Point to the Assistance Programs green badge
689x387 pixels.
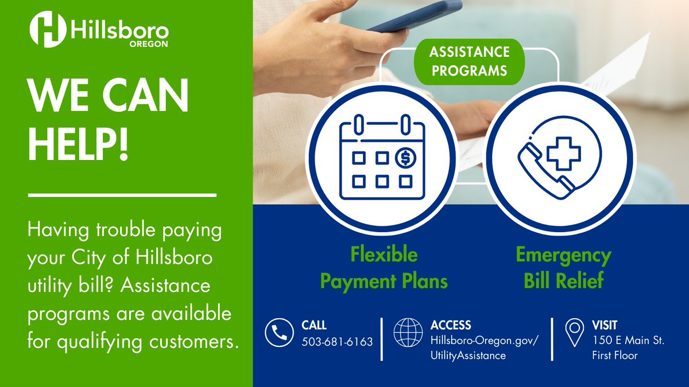(x=469, y=61)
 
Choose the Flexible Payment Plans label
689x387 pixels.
(x=384, y=268)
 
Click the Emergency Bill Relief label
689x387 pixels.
(x=563, y=268)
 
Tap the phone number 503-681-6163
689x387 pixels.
(x=337, y=342)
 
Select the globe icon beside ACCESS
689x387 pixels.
(x=408, y=333)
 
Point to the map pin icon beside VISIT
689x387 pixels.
(x=574, y=333)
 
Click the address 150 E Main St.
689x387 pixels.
(x=628, y=341)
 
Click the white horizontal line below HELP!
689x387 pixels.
(x=122, y=196)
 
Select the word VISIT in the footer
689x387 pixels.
(x=605, y=325)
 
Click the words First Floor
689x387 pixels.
(x=614, y=355)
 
